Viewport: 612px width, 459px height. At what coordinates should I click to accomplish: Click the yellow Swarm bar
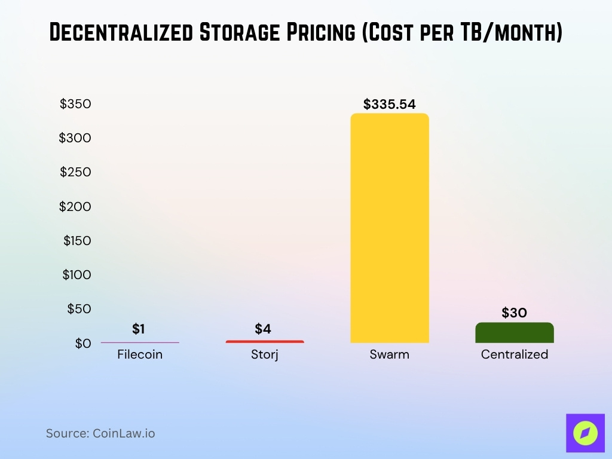[x=389, y=228]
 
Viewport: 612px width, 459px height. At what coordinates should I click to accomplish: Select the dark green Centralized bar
[x=514, y=333]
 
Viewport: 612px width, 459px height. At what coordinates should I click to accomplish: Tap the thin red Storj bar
[x=264, y=342]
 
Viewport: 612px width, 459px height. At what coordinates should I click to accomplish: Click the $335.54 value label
[x=389, y=105]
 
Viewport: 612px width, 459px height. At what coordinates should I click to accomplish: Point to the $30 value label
[x=514, y=313]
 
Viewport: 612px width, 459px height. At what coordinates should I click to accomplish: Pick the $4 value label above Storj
[x=263, y=329]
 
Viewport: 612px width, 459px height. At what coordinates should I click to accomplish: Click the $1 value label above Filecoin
[x=139, y=329]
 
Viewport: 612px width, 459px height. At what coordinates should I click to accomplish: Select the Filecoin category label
[x=140, y=354]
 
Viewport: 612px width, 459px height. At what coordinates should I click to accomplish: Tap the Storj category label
[x=264, y=354]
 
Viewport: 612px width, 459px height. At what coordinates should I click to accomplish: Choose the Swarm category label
[x=389, y=354]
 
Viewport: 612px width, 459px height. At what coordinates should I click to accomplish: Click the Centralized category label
[x=514, y=354]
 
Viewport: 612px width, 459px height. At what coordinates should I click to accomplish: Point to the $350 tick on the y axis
[x=75, y=104]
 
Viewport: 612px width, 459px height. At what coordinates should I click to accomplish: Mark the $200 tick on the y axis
[x=75, y=207]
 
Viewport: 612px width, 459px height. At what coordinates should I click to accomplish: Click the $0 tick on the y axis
[x=83, y=344]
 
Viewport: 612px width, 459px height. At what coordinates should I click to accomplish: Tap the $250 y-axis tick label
[x=75, y=172]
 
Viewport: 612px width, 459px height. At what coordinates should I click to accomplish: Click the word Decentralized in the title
[x=120, y=33]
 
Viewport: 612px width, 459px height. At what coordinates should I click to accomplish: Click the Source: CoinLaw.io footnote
[x=100, y=433]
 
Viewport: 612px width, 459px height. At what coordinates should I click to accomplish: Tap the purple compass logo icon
[x=585, y=433]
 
